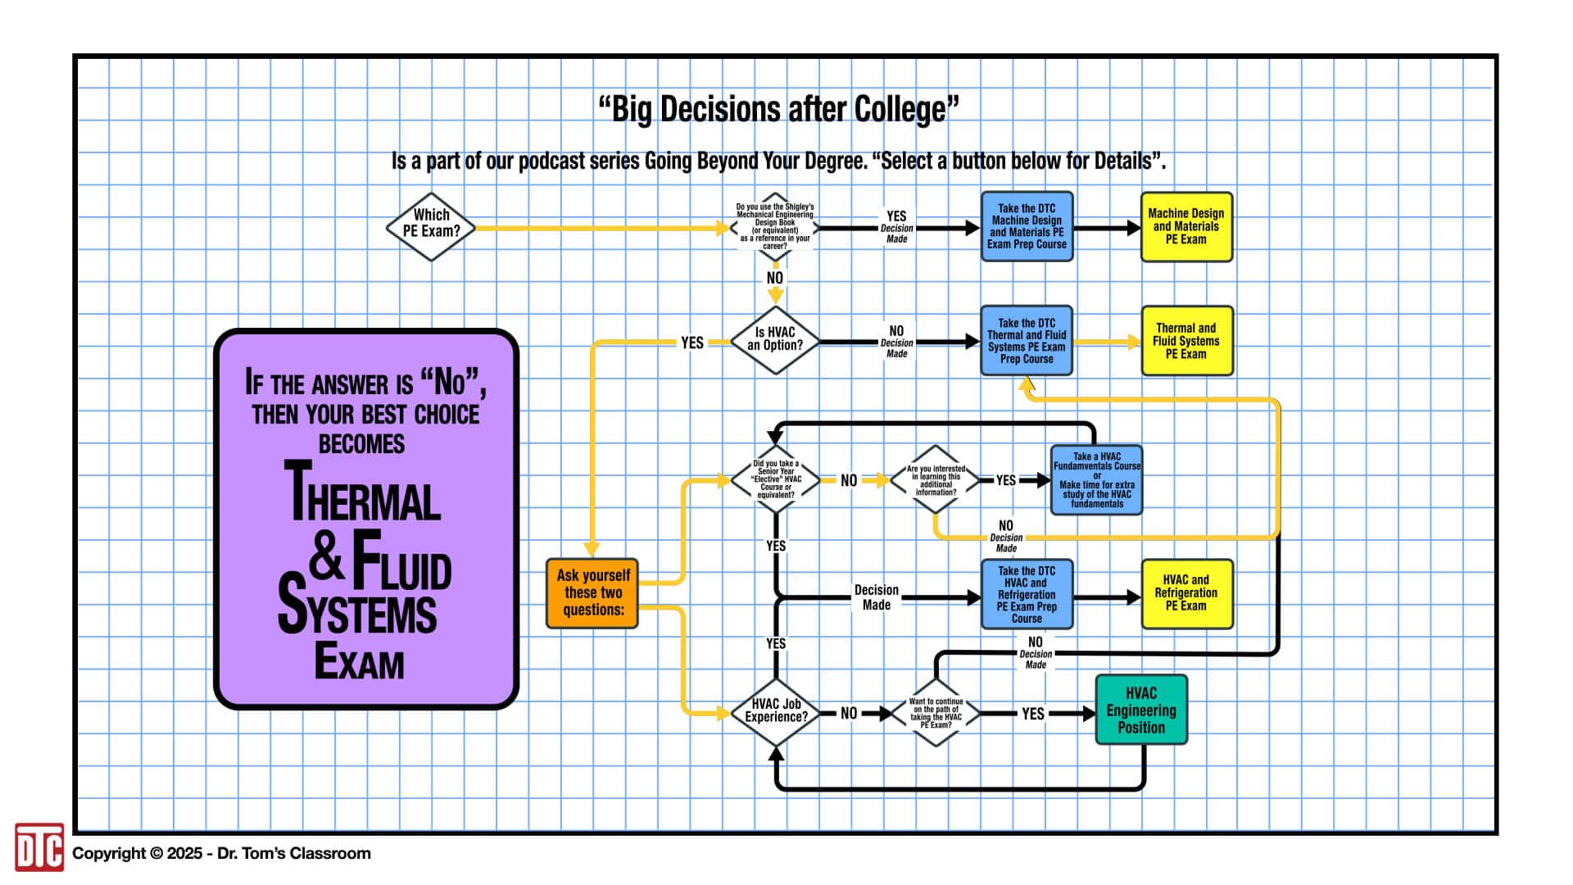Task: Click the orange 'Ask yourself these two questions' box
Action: point(592,593)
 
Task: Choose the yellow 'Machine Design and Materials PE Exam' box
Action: point(1186,227)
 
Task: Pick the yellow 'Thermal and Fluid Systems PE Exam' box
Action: point(1186,341)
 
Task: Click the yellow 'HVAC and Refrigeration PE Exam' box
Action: point(1186,593)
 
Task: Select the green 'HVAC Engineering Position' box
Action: point(1141,710)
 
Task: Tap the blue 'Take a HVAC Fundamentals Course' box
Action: point(1096,480)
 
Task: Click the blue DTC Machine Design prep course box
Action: point(1027,227)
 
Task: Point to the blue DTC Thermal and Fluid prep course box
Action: point(1027,341)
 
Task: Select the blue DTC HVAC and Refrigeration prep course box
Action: point(1027,594)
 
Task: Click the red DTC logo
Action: point(39,847)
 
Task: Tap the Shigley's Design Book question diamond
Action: point(775,227)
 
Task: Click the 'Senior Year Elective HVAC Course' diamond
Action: point(775,479)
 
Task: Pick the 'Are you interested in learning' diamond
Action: point(936,480)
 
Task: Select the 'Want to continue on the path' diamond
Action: point(936,713)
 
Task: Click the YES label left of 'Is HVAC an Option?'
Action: point(692,343)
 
